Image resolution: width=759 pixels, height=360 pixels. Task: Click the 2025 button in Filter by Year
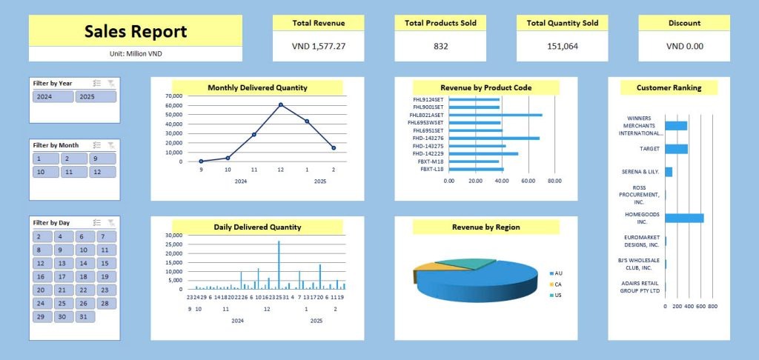(x=95, y=96)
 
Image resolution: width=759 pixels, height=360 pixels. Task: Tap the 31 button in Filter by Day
(x=86, y=316)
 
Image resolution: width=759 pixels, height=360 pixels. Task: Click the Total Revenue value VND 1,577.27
(x=319, y=46)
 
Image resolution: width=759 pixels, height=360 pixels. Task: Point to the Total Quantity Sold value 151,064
(x=562, y=46)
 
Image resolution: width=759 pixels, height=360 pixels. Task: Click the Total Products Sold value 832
(x=440, y=46)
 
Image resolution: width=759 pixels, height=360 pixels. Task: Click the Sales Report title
(x=135, y=31)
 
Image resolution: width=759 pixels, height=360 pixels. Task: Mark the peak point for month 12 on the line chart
(x=281, y=105)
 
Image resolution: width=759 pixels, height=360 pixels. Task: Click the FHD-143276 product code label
(x=429, y=138)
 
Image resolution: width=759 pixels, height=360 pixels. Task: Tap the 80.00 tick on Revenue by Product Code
(x=554, y=180)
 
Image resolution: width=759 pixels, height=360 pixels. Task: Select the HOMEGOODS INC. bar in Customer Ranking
(x=683, y=218)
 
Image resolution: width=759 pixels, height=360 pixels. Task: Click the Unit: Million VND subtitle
(x=135, y=53)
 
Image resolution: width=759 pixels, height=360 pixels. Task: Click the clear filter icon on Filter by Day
(x=110, y=222)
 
